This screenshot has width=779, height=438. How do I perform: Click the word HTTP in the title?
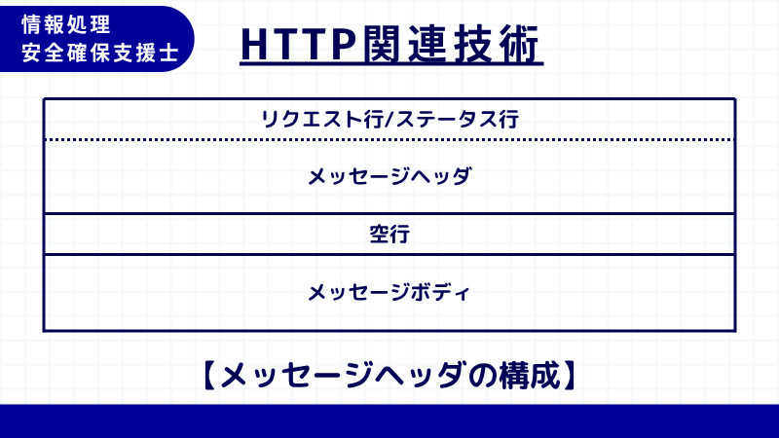(296, 44)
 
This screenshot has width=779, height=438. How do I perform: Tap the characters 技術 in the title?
(497, 44)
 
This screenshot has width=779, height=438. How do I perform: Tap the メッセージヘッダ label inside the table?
(389, 177)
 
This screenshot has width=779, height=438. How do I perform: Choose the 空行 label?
(389, 235)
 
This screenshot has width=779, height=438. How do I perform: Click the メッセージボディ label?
(389, 292)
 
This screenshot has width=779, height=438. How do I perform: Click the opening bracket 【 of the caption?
(207, 375)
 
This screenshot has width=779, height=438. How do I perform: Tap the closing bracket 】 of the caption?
(571, 375)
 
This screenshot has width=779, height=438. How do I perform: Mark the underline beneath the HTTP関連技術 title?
(390, 67)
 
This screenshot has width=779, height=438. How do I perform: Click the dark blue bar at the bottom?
(389, 420)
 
